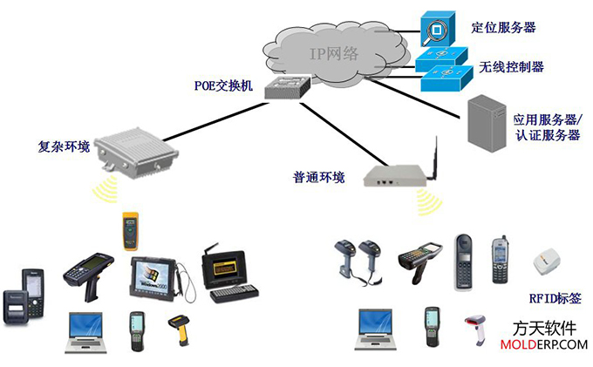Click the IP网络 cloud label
pyautogui.click(x=334, y=53)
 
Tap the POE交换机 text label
pyautogui.click(x=223, y=85)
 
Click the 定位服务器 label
pyautogui.click(x=503, y=27)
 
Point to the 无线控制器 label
pyautogui.click(x=512, y=66)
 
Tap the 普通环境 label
pyautogui.click(x=319, y=178)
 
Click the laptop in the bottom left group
pyautogui.click(x=87, y=332)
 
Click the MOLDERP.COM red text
pyautogui.click(x=545, y=345)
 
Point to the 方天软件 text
pyautogui.click(x=545, y=329)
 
